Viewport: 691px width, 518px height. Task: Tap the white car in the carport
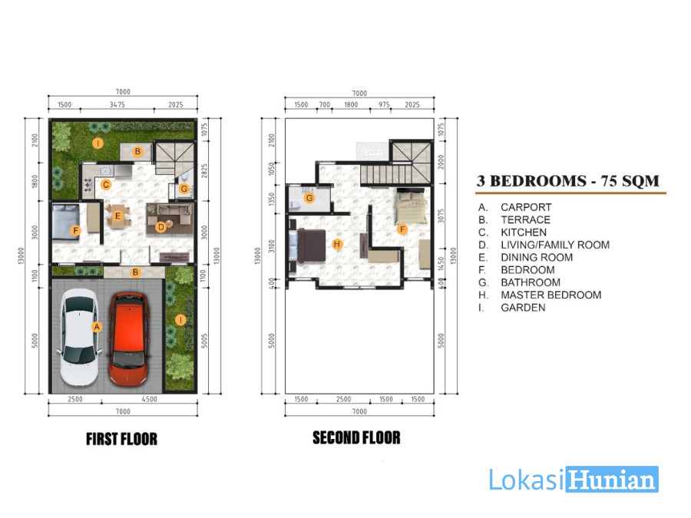[79, 337]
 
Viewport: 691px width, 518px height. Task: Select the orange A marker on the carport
[97, 327]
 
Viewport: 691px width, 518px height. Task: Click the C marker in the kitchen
[106, 184]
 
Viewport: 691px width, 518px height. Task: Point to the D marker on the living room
[161, 227]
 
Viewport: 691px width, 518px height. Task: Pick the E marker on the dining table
[117, 216]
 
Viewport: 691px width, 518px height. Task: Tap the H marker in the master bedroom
[337, 244]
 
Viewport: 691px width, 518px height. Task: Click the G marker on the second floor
[309, 198]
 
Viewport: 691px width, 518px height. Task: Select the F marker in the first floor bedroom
[75, 230]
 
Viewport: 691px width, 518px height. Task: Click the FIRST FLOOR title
[121, 439]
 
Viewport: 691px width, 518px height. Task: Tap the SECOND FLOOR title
[356, 438]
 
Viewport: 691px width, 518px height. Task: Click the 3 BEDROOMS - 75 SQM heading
[568, 181]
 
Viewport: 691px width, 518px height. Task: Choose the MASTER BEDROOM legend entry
[550, 295]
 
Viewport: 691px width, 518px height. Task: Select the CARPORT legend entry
[526, 207]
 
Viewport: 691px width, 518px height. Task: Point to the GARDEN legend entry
[523, 308]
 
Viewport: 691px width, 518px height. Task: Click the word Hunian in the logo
[613, 480]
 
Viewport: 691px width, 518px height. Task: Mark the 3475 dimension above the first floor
[117, 105]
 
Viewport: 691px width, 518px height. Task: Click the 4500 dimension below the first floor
[150, 399]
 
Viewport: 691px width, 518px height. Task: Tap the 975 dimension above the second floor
[385, 105]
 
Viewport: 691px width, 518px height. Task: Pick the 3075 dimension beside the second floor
[441, 216]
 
